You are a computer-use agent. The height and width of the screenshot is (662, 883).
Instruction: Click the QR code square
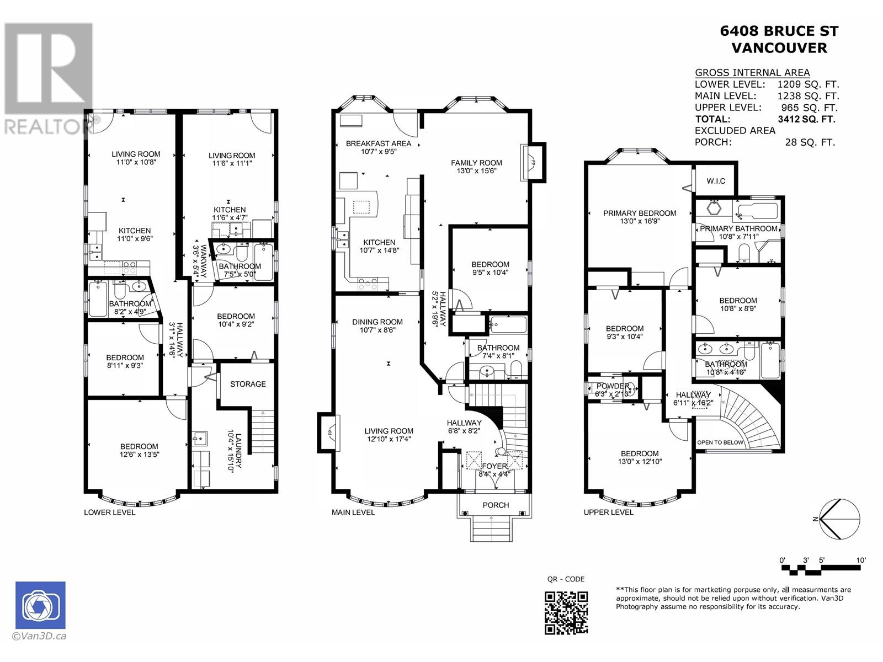pos(566,613)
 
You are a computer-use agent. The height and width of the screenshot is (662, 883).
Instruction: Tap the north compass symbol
pos(840,519)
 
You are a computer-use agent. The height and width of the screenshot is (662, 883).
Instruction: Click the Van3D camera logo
pos(41,605)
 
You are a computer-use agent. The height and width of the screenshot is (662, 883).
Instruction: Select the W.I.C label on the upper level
pos(716,181)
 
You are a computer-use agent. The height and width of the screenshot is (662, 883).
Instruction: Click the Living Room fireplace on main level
pos(329,433)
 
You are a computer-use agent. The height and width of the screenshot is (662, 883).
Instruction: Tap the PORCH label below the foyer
pos(496,505)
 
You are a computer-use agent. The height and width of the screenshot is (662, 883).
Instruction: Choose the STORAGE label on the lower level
pos(248,384)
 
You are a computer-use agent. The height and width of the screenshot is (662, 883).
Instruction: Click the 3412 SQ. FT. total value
pos(807,119)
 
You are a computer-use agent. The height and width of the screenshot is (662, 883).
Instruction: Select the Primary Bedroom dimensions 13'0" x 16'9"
pos(640,221)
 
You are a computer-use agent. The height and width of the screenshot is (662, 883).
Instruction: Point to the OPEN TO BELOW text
pos(720,442)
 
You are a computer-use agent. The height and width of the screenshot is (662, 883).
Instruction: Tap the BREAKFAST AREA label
pos(379,143)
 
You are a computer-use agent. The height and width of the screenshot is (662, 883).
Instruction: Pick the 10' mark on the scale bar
pos(861,560)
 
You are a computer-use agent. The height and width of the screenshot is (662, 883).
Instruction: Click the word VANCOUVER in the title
pos(779,48)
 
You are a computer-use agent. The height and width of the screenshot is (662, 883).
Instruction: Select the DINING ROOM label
pos(377,322)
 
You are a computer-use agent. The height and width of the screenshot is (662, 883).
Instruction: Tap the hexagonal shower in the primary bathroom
pos(715,208)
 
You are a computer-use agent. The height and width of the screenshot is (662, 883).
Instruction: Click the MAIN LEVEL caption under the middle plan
pos(353,512)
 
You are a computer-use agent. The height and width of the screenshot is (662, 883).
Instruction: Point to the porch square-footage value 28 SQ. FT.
pos(810,142)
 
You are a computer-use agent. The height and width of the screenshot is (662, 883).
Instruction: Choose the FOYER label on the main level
pos(494,466)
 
